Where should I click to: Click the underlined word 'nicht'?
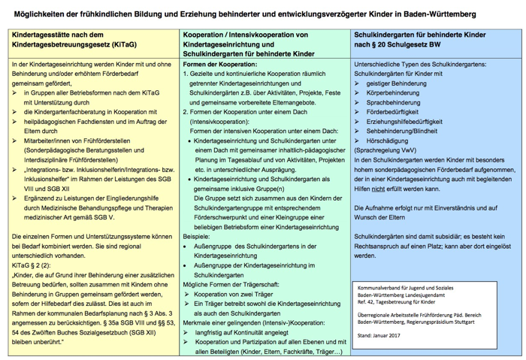click(x=389, y=188)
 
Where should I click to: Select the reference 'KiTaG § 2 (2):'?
click(x=32, y=265)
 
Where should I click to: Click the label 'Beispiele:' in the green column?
click(x=197, y=235)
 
